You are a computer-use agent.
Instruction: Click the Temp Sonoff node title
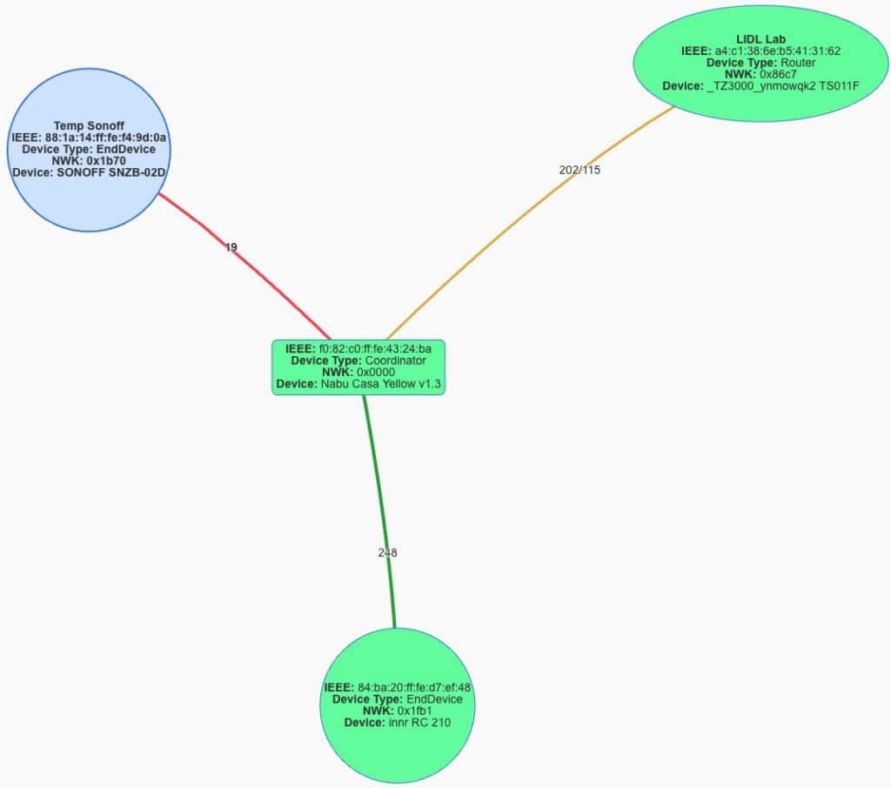(89, 125)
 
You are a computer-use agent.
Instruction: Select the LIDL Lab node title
(760, 39)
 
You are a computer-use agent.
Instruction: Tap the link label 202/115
(579, 170)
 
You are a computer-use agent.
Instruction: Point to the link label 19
(231, 247)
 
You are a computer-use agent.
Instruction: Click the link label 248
(387, 553)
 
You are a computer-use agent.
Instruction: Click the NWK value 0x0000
(376, 373)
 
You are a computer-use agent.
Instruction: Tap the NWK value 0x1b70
(106, 161)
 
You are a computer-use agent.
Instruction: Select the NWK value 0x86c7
(778, 75)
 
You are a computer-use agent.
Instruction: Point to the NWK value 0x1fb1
(415, 711)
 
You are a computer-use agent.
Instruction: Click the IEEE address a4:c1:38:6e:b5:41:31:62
(777, 51)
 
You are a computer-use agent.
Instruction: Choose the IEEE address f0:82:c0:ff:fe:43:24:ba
(375, 349)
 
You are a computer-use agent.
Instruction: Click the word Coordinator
(396, 361)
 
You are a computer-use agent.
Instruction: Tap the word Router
(798, 63)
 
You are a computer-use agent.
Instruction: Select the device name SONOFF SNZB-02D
(111, 172)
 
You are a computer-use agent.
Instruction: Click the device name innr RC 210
(420, 723)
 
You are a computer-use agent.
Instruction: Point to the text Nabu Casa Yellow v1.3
(381, 384)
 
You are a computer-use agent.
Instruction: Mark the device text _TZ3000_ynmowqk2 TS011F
(783, 86)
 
